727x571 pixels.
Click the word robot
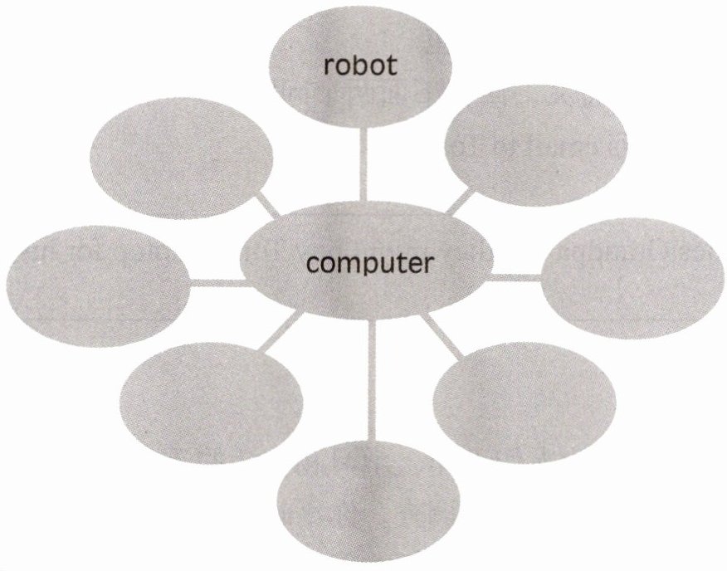click(x=360, y=66)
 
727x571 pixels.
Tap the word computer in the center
click(x=369, y=264)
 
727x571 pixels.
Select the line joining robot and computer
click(x=362, y=166)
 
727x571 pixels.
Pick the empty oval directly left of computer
click(x=96, y=280)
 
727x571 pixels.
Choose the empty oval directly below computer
click(x=371, y=506)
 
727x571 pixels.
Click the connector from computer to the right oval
click(x=515, y=276)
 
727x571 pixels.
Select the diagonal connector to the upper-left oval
click(x=267, y=206)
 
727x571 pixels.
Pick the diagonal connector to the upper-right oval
click(x=461, y=200)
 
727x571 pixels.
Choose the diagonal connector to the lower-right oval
click(x=442, y=337)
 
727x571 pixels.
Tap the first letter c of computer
click(x=313, y=265)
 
